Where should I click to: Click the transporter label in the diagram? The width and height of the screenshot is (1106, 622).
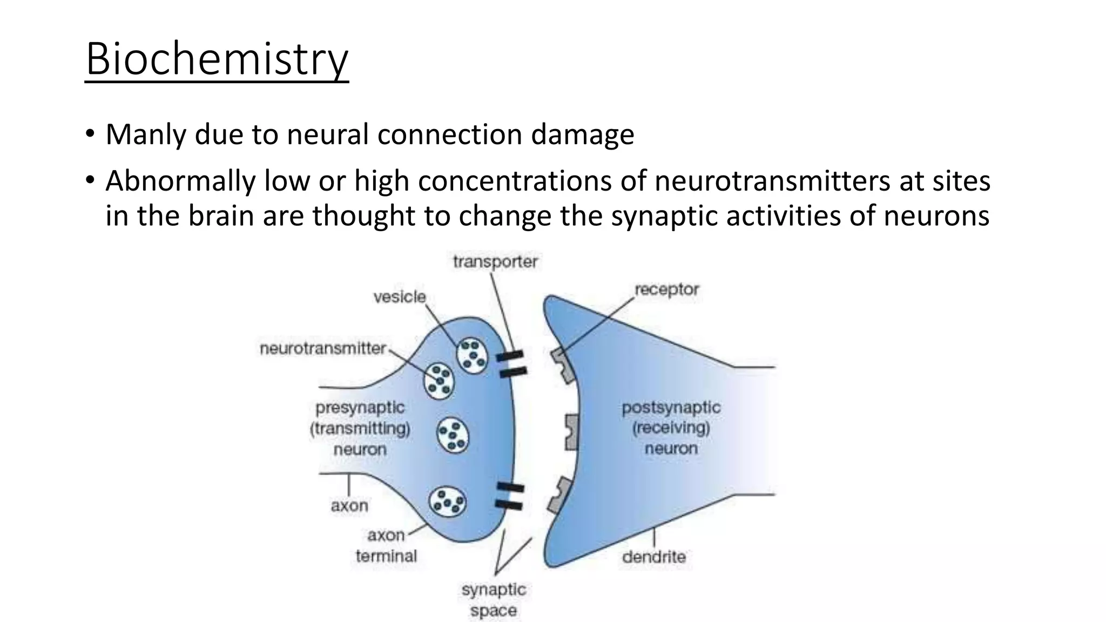pos(495,262)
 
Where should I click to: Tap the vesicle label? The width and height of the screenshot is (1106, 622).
pos(400,296)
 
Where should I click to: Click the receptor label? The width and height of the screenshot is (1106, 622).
pos(666,289)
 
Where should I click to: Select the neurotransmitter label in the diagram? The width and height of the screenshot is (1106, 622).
pos(323,348)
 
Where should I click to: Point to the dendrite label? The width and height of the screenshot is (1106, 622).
pos(654,556)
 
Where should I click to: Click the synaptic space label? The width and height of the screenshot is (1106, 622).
pos(494,600)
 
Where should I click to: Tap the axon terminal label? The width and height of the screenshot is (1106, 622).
pos(386,545)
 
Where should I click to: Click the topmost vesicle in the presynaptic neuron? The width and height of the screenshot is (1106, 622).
pos(472,355)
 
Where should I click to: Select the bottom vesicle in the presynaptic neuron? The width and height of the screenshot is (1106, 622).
pos(448,502)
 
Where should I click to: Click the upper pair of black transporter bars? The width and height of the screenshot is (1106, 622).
pos(511,363)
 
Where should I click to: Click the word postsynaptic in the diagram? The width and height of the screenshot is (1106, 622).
pos(671,407)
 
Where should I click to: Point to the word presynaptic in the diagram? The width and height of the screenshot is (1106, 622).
pos(360,408)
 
